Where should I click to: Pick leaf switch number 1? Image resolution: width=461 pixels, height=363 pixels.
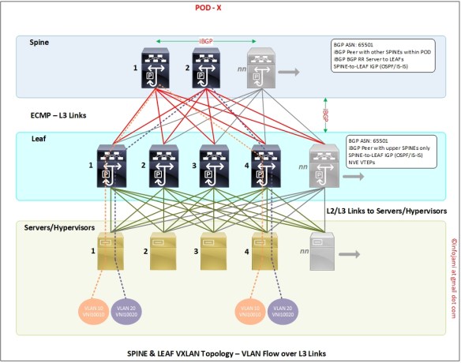coord(112,167)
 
